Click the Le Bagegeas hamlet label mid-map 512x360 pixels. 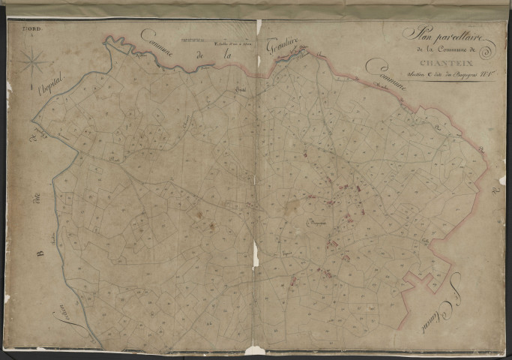tap(319, 223)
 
